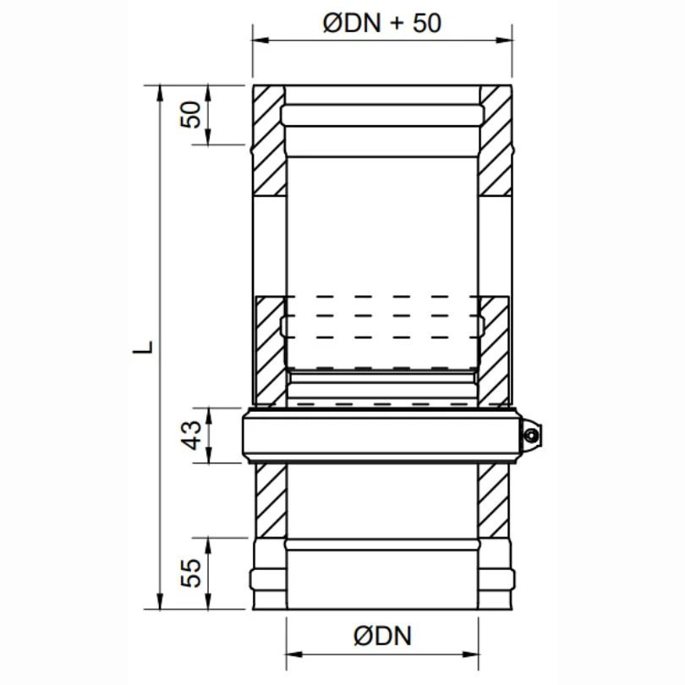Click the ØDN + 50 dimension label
tap(382, 23)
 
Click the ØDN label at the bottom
tap(383, 636)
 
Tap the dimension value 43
tap(194, 435)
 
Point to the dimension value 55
tap(194, 573)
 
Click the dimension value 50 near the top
tap(194, 114)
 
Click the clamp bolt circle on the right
tap(530, 436)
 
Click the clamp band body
tap(381, 436)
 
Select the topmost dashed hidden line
tap(381, 297)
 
